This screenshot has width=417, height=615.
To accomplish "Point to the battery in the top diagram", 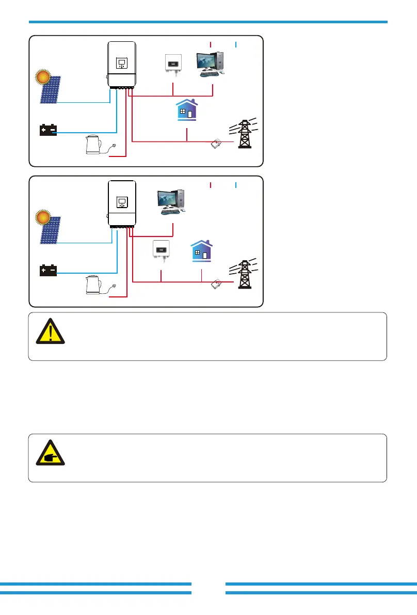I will click(x=49, y=130).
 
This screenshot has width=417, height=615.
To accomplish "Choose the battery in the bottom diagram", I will click(x=49, y=271).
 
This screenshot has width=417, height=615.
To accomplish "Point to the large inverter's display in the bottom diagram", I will click(x=122, y=200).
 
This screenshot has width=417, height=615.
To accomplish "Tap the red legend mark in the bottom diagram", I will click(x=211, y=184).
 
